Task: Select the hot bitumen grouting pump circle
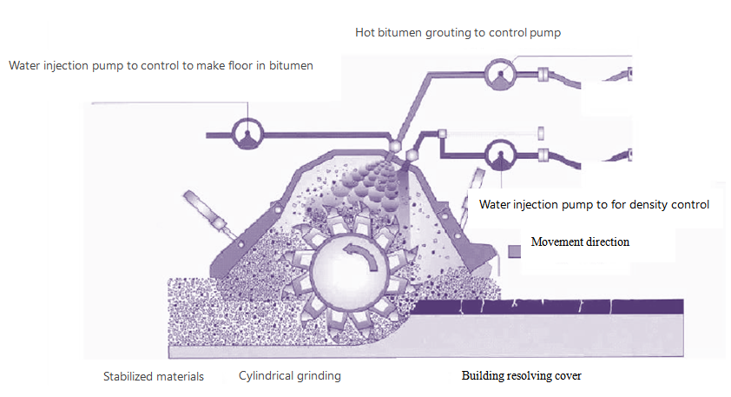[502, 75]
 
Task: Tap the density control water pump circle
[502, 156]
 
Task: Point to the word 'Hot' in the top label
[365, 33]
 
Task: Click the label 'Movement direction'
[579, 242]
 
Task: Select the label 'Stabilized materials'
[154, 376]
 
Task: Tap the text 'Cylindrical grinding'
[290, 376]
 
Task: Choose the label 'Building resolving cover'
[521, 376]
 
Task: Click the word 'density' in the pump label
[647, 205]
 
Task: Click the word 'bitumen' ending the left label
[293, 64]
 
